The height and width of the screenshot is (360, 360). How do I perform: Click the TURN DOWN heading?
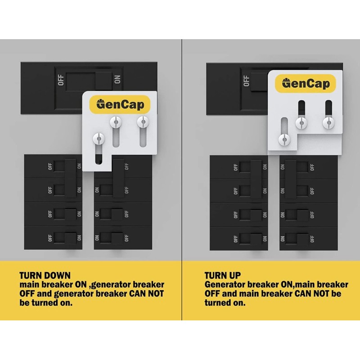(45, 275)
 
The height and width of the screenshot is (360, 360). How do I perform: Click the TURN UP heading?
(222, 275)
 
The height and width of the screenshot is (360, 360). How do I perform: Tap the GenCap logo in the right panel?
(306, 83)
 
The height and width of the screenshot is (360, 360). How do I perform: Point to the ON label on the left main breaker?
(117, 80)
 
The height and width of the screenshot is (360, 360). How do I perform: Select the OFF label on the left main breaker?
(61, 80)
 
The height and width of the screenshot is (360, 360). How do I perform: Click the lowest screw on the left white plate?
(98, 139)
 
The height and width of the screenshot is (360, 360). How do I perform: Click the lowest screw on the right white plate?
(284, 139)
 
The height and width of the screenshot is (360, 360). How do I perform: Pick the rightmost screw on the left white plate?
(143, 121)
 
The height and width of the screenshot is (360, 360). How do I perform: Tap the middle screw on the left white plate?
(116, 121)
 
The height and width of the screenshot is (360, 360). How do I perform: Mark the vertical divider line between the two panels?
(182, 180)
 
